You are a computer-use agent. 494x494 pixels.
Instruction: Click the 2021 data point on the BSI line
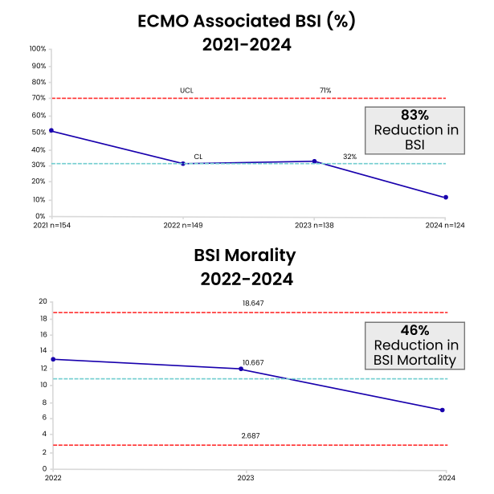click(51, 130)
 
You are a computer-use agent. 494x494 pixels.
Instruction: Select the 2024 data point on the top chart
click(446, 198)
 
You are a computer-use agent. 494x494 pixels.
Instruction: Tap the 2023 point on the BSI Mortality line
click(241, 369)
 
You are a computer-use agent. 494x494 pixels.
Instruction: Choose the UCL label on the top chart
click(186, 91)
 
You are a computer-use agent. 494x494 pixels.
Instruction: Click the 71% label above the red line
click(325, 91)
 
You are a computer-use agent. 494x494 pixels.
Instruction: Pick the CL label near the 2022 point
click(198, 157)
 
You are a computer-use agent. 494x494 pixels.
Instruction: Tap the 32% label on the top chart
click(349, 157)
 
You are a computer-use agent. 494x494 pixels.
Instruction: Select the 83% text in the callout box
click(411, 115)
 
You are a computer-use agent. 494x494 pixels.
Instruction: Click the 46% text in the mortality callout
click(414, 330)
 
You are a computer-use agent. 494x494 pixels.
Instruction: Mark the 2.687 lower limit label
click(252, 435)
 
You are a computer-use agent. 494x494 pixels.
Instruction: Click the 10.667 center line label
click(252, 362)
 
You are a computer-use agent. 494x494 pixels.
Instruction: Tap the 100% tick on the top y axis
click(36, 48)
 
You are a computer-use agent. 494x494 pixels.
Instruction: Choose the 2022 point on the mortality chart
click(51, 359)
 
